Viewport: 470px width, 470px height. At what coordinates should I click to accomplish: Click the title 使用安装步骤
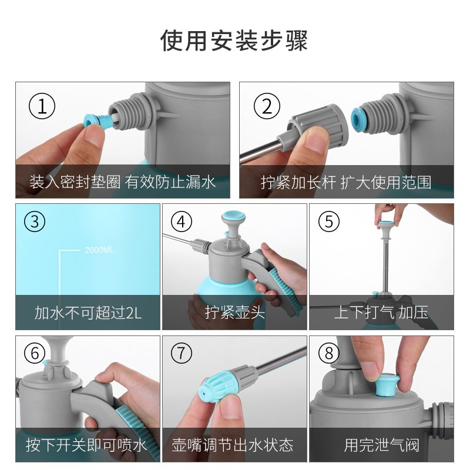[234, 41]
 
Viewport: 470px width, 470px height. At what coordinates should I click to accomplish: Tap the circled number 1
[42, 106]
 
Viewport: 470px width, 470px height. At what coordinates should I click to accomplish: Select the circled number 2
[267, 106]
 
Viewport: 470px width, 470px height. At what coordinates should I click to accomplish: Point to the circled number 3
[35, 222]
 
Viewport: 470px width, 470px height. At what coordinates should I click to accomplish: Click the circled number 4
[182, 222]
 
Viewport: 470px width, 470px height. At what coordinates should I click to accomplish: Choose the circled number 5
[329, 222]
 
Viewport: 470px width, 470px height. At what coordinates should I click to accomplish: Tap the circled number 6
[35, 353]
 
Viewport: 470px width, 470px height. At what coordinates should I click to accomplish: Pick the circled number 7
[182, 353]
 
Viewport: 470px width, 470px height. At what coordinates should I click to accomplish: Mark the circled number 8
[329, 353]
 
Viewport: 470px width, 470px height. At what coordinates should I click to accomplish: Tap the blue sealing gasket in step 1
[95, 120]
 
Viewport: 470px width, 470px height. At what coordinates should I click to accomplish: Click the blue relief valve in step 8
[387, 385]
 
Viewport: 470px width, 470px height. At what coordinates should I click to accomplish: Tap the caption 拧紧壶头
[235, 313]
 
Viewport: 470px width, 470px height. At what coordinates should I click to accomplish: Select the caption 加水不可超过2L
[88, 313]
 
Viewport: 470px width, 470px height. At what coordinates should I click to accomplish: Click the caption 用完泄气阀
[381, 445]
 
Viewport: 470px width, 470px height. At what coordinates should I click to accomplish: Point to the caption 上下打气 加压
[381, 313]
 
